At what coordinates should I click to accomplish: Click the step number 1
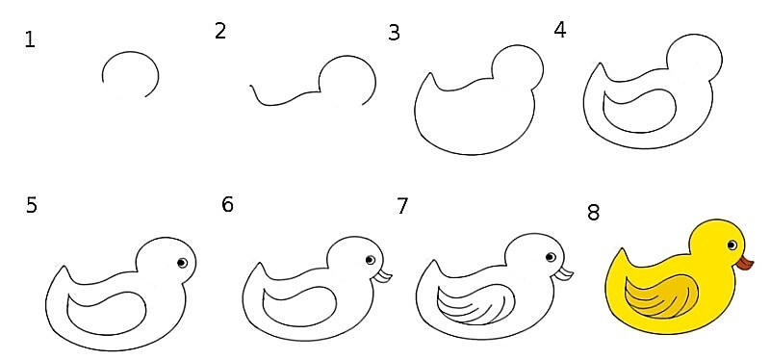30,39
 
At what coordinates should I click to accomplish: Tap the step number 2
220,31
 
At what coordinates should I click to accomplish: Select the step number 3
394,33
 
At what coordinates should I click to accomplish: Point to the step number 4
560,31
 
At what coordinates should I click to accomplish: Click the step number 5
32,205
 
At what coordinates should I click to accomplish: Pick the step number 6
227,204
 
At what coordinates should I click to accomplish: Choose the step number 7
402,206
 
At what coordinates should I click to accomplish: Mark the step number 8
593,213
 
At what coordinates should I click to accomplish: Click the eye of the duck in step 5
182,263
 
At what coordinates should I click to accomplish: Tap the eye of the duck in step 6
371,260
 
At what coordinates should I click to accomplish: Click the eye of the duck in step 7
551,257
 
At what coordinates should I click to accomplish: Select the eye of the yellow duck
731,244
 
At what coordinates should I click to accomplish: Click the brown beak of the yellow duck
745,263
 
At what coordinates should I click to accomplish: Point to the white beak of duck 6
382,276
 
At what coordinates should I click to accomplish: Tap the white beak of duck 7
564,273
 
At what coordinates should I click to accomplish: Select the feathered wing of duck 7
475,304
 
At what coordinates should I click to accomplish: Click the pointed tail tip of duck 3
430,74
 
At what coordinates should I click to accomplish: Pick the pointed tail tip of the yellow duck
621,249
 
